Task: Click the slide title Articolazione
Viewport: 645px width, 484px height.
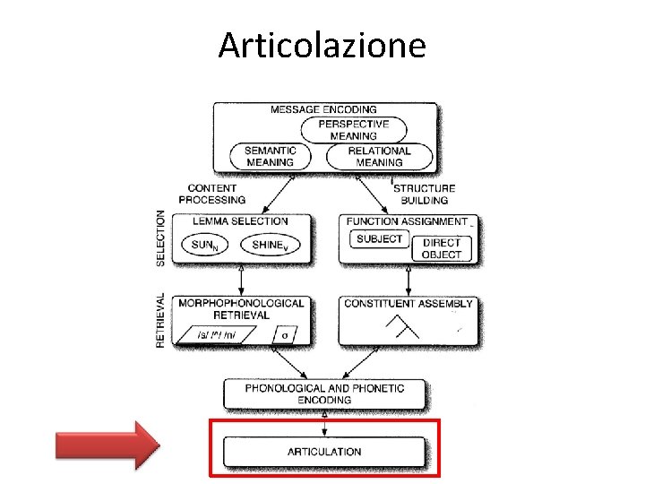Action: pyautogui.click(x=322, y=45)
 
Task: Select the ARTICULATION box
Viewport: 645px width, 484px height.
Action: pyautogui.click(x=324, y=451)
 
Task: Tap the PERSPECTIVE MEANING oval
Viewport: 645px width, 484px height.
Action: pyautogui.click(x=353, y=130)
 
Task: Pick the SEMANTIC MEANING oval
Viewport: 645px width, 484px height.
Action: pyautogui.click(x=270, y=157)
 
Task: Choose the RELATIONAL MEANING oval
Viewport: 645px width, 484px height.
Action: pyautogui.click(x=379, y=157)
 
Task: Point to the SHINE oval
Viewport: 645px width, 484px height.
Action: pyautogui.click(x=272, y=245)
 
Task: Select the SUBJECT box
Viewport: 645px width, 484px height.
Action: pyautogui.click(x=379, y=239)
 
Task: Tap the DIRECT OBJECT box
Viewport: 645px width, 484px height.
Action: pyautogui.click(x=442, y=248)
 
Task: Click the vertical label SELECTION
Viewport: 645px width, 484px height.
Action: pyautogui.click(x=161, y=238)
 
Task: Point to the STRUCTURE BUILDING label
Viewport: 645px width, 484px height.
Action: pyautogui.click(x=424, y=194)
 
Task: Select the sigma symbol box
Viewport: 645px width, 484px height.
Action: pyautogui.click(x=285, y=335)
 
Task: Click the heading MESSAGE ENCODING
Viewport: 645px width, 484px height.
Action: pyautogui.click(x=323, y=110)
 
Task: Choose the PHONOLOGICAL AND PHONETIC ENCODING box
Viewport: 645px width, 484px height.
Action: pyautogui.click(x=324, y=393)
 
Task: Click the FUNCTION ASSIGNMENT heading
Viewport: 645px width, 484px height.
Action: pyautogui.click(x=406, y=221)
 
